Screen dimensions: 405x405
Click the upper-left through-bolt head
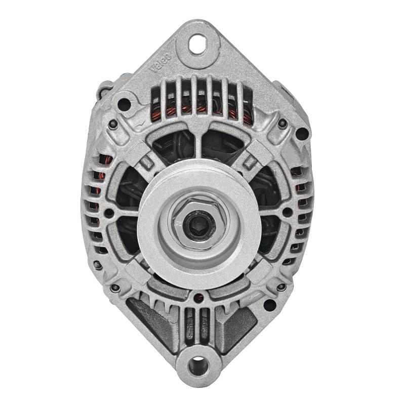click(x=113, y=123)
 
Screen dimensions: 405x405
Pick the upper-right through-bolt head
click(x=281, y=123)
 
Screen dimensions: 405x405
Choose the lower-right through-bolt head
click(x=281, y=288)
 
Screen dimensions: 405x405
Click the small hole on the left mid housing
click(x=108, y=213)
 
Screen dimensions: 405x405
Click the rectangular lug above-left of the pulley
click(x=146, y=163)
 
